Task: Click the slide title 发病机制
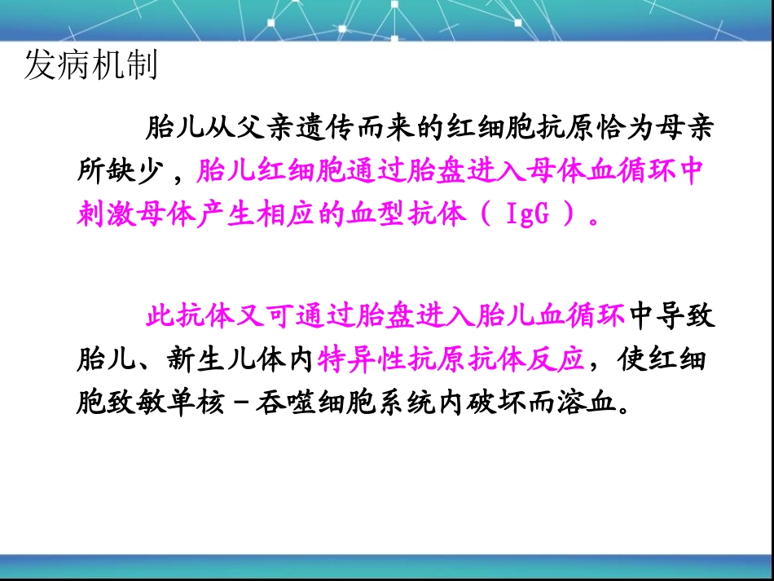click(90, 66)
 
